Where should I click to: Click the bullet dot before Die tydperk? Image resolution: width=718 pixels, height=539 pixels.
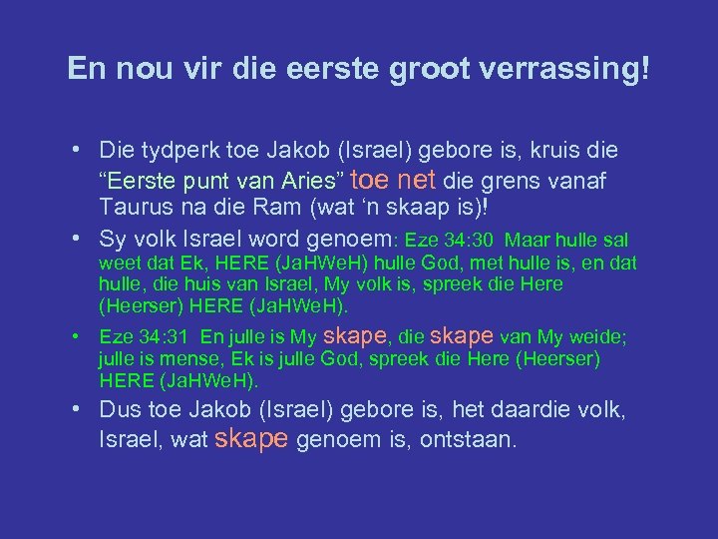77,151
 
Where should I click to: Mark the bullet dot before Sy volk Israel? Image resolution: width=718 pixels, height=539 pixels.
77,240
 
